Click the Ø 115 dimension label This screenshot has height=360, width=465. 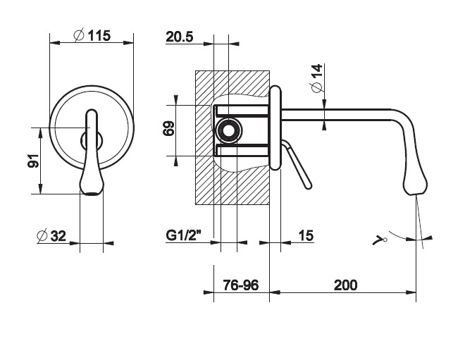(92, 36)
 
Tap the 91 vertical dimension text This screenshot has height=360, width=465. (33, 161)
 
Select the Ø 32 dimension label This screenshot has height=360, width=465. (51, 236)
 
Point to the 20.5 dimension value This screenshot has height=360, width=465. (180, 37)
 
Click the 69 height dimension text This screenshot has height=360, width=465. (168, 128)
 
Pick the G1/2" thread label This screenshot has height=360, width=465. (184, 235)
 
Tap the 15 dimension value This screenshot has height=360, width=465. (306, 235)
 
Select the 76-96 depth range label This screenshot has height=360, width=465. (241, 285)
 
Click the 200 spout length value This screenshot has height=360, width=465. (345, 285)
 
